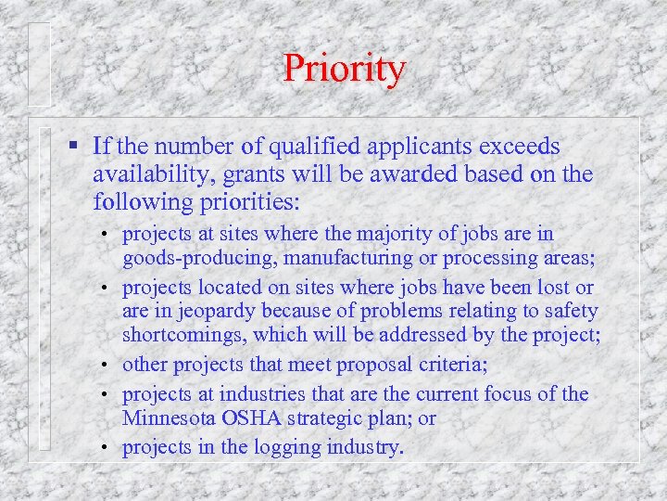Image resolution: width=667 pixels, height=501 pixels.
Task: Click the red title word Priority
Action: pyautogui.click(x=344, y=69)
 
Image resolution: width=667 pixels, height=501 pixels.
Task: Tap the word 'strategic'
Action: pyautogui.click(x=324, y=417)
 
